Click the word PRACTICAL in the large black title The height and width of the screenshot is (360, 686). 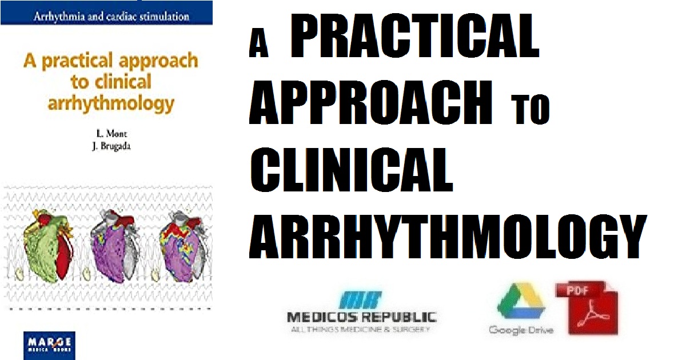(x=414, y=35)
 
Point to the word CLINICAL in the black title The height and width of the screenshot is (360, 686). (x=352, y=169)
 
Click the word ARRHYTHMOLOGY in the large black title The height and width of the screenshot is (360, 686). (x=448, y=237)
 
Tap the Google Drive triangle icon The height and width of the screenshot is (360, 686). (x=521, y=301)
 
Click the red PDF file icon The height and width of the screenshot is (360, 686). (x=587, y=307)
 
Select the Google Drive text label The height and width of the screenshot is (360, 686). (x=521, y=330)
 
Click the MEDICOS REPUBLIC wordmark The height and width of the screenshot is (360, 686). (x=362, y=317)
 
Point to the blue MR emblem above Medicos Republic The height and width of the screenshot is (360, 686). (x=361, y=299)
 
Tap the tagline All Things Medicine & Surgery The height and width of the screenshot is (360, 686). (x=361, y=329)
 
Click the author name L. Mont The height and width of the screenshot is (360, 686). (x=111, y=134)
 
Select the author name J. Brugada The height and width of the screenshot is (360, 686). (x=111, y=146)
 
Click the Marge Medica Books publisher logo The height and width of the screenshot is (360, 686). (x=49, y=345)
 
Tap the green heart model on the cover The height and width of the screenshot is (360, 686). (x=49, y=246)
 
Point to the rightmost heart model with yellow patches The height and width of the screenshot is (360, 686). (x=185, y=246)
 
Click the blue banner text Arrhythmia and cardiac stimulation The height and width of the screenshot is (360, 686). (x=111, y=16)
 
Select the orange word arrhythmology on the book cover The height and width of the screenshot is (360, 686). (x=111, y=103)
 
